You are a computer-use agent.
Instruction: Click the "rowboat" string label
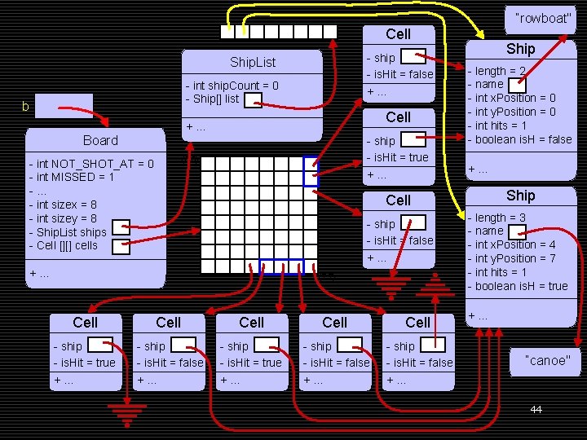[544, 19]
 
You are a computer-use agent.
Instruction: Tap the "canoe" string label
[548, 360]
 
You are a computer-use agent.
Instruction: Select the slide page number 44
[536, 409]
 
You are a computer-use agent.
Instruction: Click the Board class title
[100, 140]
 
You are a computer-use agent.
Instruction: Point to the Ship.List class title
[253, 62]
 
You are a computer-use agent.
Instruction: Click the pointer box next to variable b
[64, 106]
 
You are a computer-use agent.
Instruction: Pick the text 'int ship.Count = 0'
[235, 86]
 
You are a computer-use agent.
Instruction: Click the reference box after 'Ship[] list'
[254, 99]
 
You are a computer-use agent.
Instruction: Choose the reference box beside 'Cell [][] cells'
[121, 245]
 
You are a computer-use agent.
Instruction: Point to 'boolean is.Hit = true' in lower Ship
[521, 286]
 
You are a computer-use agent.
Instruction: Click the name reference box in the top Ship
[517, 84]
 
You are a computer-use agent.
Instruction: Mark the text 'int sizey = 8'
[66, 218]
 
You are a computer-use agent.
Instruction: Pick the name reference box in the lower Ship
[517, 231]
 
